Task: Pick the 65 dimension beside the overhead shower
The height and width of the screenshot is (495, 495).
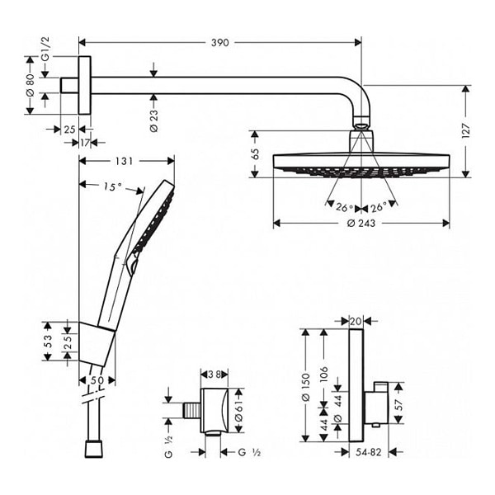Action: coord(257,153)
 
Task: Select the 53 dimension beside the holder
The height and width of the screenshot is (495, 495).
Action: coord(48,339)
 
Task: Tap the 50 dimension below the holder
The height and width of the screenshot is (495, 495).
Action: coord(97,380)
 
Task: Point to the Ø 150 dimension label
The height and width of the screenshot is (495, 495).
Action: coord(305,388)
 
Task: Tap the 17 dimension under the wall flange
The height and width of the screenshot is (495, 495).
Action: coord(84,142)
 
